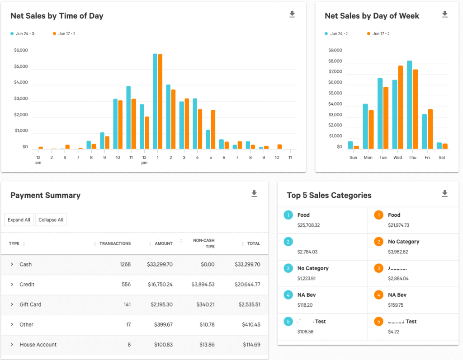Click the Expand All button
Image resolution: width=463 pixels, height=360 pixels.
coord(19,220)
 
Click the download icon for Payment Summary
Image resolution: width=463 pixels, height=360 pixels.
coord(254,194)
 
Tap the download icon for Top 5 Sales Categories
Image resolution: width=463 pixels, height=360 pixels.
coord(444,194)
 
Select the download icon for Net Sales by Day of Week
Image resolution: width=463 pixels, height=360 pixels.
coord(444,14)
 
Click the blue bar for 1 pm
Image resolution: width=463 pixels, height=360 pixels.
coord(155,101)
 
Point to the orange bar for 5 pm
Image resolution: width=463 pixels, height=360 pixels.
coord(213,130)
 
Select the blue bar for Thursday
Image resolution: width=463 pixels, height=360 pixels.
coord(409,105)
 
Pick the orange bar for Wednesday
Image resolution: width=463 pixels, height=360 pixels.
coord(400,108)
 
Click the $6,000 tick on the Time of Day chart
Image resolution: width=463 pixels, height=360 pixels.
coord(21,51)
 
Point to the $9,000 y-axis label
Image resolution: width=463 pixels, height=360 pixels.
coord(335,51)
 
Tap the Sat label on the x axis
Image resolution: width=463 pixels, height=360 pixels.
coord(442,158)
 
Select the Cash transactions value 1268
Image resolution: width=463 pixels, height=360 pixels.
coord(125,265)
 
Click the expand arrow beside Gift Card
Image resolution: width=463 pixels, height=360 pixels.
coord(12,304)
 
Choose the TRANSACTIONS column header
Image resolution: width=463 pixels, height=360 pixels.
coord(115,243)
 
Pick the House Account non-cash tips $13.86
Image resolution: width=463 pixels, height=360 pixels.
coord(206,345)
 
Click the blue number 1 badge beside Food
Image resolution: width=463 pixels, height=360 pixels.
coord(288,215)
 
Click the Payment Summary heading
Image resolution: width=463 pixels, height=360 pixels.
coord(45,196)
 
